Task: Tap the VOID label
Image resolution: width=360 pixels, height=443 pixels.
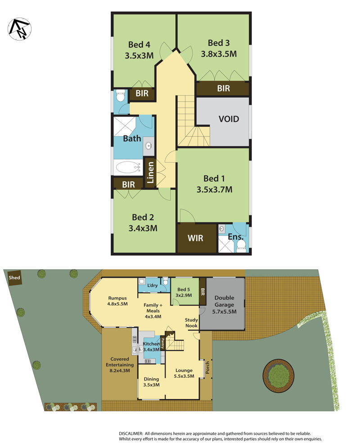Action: point(229,120)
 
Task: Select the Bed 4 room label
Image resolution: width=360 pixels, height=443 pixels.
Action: point(139,45)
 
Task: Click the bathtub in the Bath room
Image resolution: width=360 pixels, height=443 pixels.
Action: point(128,168)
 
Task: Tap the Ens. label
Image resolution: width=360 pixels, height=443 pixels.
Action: point(236,237)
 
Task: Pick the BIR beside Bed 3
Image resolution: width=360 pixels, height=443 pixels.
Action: point(223,89)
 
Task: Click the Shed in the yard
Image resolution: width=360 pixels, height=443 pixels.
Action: point(14,278)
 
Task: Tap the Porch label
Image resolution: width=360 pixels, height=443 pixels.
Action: point(208,368)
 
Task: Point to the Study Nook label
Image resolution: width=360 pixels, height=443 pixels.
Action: point(191,323)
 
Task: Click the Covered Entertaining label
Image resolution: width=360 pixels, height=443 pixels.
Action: point(117,365)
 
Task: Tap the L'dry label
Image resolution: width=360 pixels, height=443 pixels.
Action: point(153,286)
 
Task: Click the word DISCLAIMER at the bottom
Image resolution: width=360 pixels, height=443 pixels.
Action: point(130,433)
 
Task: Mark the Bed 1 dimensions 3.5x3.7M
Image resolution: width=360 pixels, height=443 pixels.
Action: point(214,190)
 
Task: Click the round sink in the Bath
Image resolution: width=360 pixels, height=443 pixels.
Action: point(148,146)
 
